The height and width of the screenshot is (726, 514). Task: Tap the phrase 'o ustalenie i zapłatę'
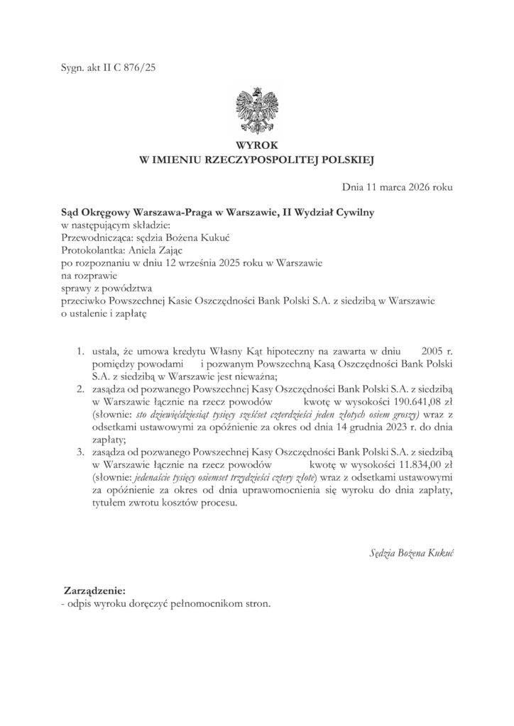(103, 314)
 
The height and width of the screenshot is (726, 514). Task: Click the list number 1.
(79, 350)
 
